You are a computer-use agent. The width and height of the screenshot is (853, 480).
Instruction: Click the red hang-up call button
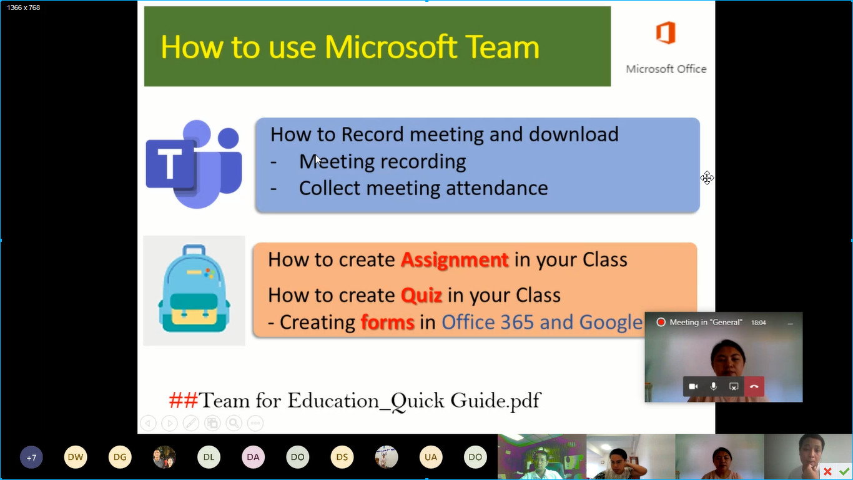tap(754, 386)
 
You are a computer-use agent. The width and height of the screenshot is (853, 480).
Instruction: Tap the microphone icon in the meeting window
tap(714, 386)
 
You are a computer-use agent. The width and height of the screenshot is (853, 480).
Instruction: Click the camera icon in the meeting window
tap(693, 386)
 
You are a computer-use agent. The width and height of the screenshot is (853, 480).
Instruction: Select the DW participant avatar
tap(76, 457)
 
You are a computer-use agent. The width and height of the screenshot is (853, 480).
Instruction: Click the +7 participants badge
tap(31, 457)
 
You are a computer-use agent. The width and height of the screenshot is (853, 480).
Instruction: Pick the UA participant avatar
tap(431, 457)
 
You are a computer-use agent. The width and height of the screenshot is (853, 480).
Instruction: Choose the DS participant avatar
tap(342, 457)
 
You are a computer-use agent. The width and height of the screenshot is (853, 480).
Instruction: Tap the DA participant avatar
tap(254, 457)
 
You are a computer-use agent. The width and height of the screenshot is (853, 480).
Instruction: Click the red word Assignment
tap(455, 260)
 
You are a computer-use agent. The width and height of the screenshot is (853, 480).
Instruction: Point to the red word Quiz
tap(422, 295)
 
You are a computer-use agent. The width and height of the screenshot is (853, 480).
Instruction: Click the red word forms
tap(387, 322)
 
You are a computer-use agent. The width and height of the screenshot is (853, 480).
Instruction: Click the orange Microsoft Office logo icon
tap(666, 32)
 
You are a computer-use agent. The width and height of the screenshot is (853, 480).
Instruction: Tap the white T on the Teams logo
tap(170, 164)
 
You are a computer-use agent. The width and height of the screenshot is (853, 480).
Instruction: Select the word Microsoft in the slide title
tap(391, 47)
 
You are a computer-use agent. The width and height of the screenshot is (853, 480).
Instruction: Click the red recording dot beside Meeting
tap(661, 322)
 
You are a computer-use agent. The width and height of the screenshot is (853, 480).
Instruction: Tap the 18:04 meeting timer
tap(758, 322)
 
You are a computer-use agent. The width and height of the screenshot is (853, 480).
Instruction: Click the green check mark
tap(844, 472)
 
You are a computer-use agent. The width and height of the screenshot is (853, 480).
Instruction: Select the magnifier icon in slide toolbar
tap(234, 422)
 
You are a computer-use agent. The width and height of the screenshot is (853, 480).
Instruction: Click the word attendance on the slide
tap(497, 188)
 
